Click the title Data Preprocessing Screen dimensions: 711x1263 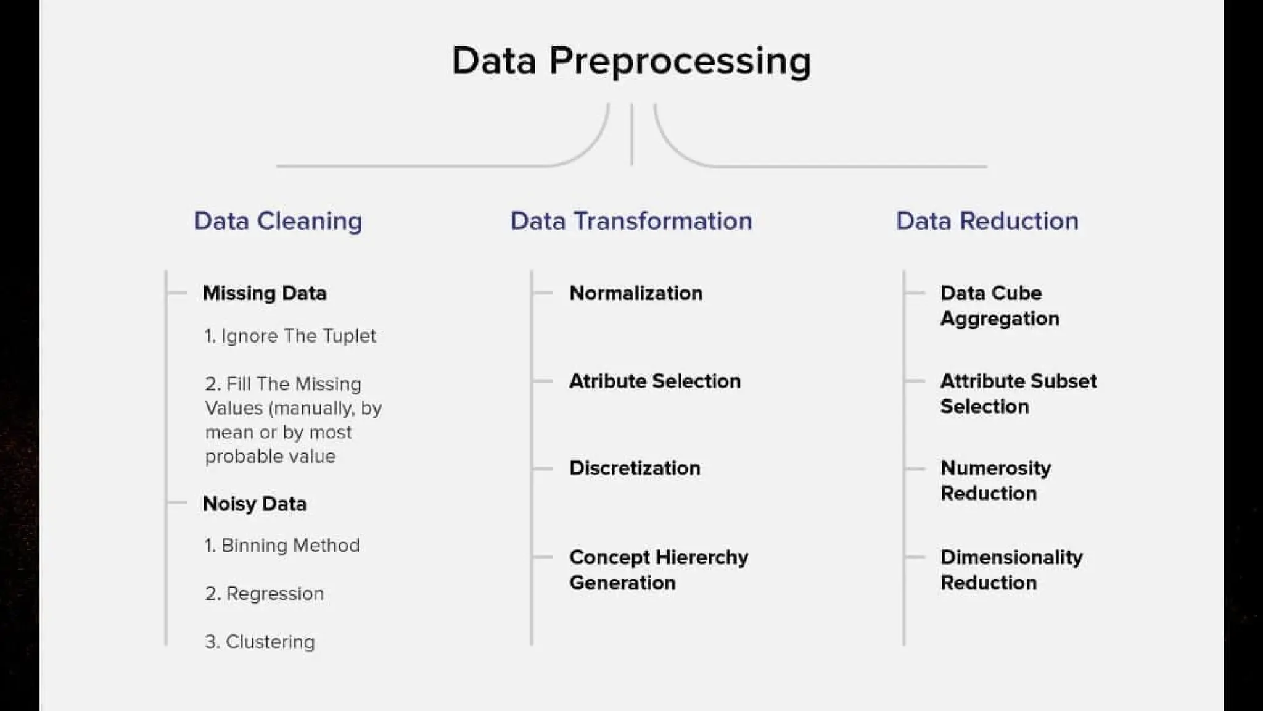pyautogui.click(x=631, y=61)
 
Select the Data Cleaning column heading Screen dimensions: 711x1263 pyautogui.click(x=278, y=221)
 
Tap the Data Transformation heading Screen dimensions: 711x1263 pyautogui.click(x=631, y=221)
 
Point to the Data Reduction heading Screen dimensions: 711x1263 pyautogui.click(x=987, y=221)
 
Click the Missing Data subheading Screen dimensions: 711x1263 pyautogui.click(x=265, y=293)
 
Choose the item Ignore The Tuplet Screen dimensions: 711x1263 pyautogui.click(x=290, y=336)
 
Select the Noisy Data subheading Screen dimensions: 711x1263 pyautogui.click(x=255, y=504)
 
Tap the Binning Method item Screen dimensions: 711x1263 pyautogui.click(x=282, y=546)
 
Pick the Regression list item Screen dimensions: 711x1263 pyautogui.click(x=265, y=594)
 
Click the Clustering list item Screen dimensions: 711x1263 pyautogui.click(x=260, y=642)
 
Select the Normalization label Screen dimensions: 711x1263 pyautogui.click(x=636, y=293)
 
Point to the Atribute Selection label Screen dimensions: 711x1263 pyautogui.click(x=654, y=381)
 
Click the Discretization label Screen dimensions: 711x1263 pyautogui.click(x=635, y=468)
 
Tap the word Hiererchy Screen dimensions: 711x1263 pyautogui.click(x=702, y=557)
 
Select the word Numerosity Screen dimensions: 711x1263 pyautogui.click(x=995, y=468)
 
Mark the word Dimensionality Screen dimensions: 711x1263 pyautogui.click(x=1011, y=557)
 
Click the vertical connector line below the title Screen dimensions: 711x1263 pyautogui.click(x=631, y=134)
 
